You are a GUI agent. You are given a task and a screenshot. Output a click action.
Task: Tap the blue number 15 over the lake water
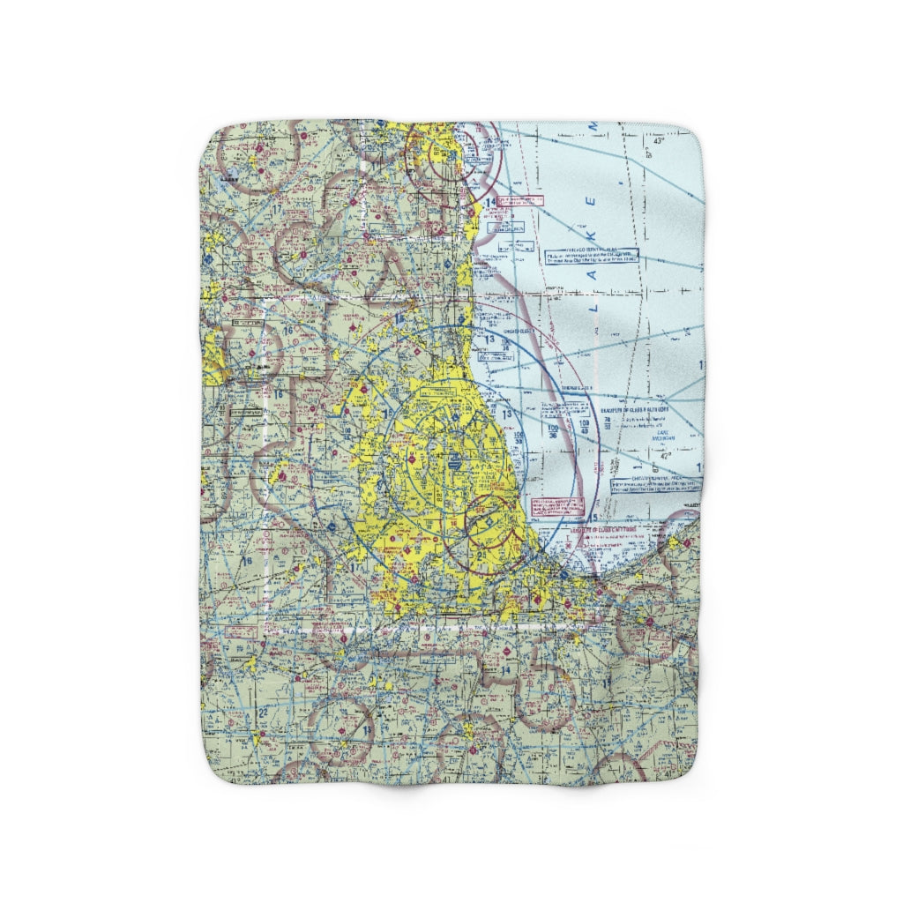coord(597,516)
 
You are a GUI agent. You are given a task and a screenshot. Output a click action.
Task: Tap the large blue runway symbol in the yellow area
coord(452,459)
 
